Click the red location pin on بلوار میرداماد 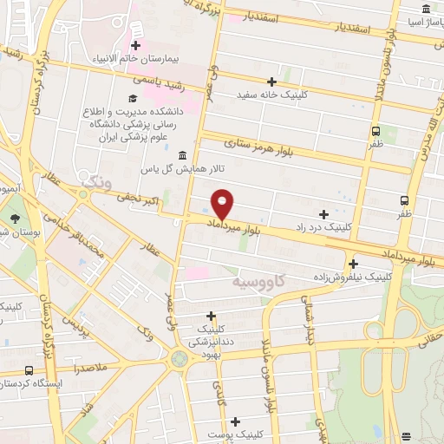tap(223, 203)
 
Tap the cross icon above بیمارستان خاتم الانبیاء tap(135, 44)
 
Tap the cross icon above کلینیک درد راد tap(323, 213)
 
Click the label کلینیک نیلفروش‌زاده tap(356, 277)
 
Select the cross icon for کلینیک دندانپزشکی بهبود tap(211, 317)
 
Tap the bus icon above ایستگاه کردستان tap(30, 369)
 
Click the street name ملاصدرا tap(91, 369)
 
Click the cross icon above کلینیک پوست tap(235, 421)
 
